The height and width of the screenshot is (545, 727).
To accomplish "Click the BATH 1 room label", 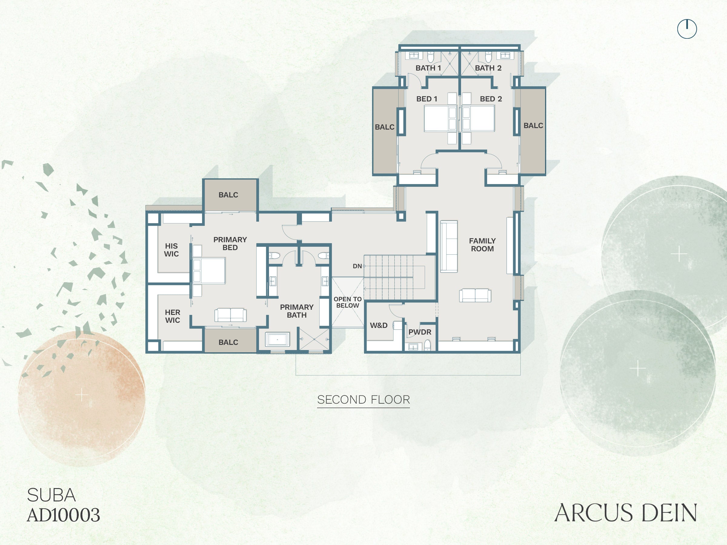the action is [428, 68].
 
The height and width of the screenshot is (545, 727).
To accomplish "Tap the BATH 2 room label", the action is [488, 68].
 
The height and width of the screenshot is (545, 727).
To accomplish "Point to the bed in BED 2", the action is [478, 118].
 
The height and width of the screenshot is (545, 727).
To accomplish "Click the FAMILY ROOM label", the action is [482, 245].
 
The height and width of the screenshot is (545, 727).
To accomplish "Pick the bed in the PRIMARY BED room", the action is [209, 271].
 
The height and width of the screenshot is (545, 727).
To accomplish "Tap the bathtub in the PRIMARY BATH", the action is [277, 339].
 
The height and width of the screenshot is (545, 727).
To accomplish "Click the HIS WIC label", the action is [171, 250].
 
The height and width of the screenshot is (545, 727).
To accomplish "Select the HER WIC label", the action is [172, 316].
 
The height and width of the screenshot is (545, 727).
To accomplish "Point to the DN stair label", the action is [357, 266].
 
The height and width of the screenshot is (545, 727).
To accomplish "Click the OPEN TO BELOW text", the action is [348, 302].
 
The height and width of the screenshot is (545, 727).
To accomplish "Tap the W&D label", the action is [379, 325].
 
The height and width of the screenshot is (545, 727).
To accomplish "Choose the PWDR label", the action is [420, 332].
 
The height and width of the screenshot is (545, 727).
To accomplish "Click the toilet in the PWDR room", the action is [427, 345].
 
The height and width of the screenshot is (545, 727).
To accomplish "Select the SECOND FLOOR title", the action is [363, 399].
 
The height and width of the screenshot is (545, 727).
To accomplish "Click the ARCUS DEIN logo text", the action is [626, 513].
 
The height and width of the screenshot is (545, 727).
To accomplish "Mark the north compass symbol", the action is [687, 29].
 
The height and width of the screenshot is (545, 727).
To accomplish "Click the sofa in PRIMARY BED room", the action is [231, 315].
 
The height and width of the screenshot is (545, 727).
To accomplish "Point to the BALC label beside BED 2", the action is [533, 125].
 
